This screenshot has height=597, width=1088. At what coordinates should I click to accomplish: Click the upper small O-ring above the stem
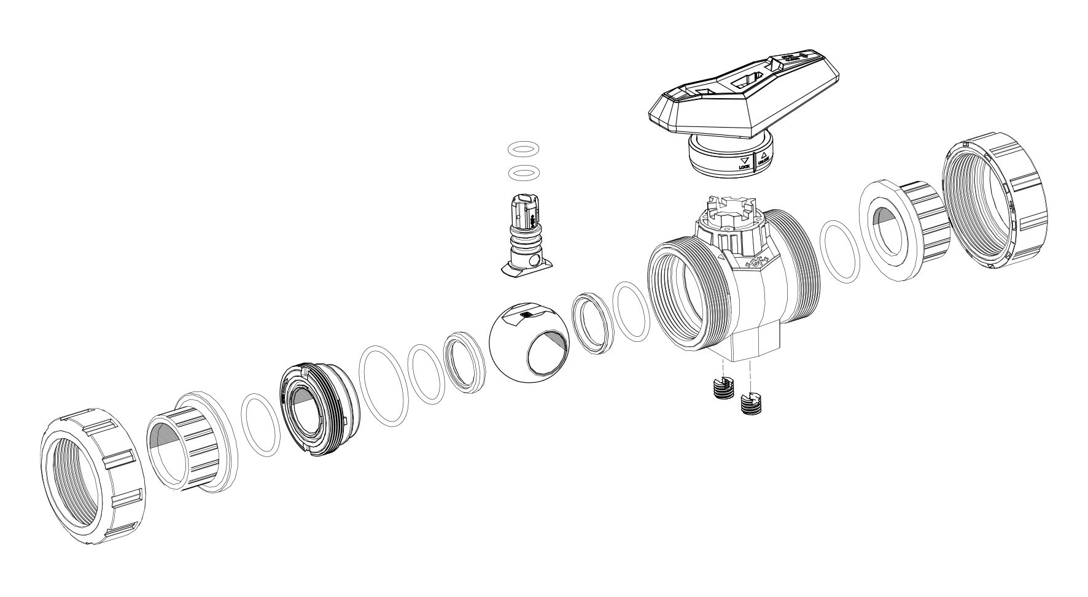[524, 149]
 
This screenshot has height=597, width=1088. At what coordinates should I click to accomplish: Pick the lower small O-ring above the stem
[524, 172]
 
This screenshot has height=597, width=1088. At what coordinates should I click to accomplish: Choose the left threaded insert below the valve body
[724, 388]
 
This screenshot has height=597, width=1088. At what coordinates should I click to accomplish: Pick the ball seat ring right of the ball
[593, 322]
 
